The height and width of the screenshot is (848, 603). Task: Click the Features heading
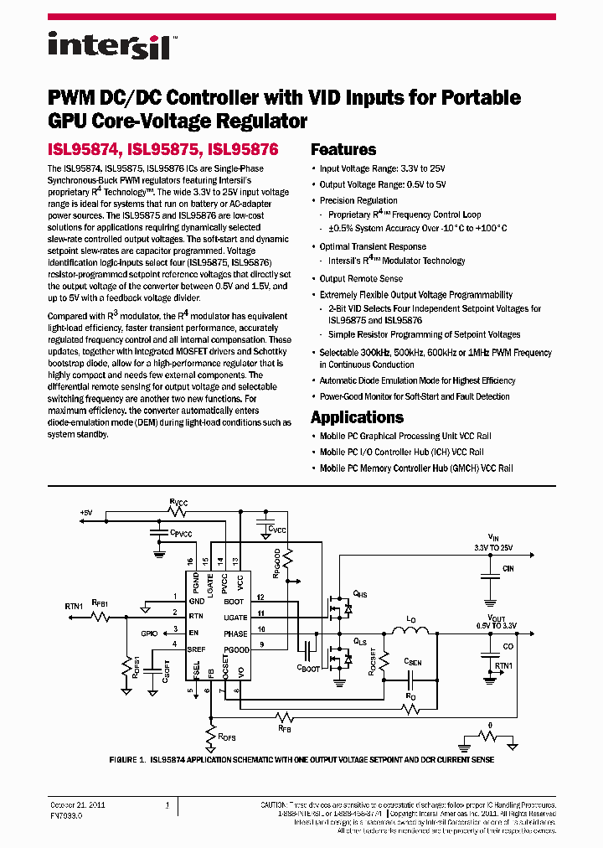click(343, 150)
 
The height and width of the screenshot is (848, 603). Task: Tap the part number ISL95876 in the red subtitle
click(243, 150)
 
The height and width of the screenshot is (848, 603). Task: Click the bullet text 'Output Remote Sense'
click(361, 279)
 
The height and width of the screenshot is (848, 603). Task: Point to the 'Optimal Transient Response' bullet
click(373, 247)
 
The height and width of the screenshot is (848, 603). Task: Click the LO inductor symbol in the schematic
click(411, 631)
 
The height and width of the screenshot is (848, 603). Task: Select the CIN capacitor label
click(508, 569)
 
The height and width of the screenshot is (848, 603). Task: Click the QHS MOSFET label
click(361, 593)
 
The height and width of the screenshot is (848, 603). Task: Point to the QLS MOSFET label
click(360, 640)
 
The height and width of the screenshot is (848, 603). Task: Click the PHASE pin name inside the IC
click(235, 634)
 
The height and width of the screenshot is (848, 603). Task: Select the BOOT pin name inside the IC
click(234, 602)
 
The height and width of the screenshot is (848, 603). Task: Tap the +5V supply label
click(86, 512)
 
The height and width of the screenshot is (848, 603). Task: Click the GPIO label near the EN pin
click(149, 633)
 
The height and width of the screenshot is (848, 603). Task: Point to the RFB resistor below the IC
click(285, 718)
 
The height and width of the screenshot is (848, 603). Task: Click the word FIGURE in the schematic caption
click(126, 759)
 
